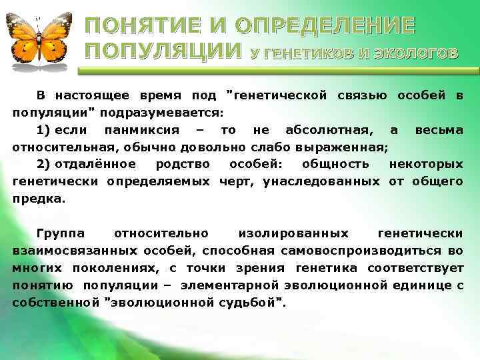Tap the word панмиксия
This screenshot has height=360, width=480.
(x=127, y=129)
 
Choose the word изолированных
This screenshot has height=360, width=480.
(x=291, y=233)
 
